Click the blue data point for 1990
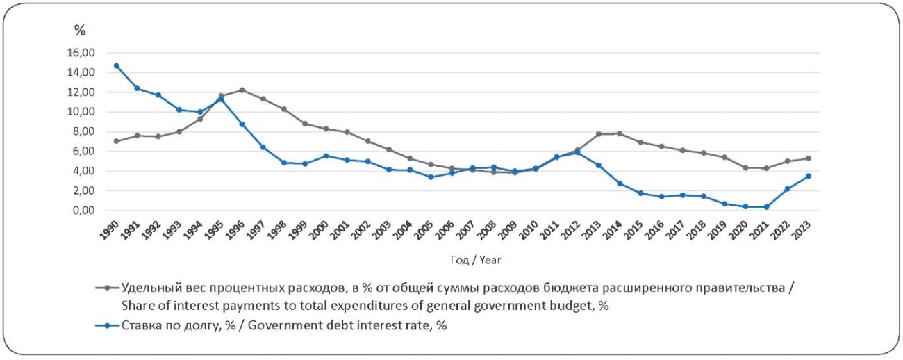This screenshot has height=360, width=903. point(117,65)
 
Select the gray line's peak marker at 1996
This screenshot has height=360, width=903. point(242,90)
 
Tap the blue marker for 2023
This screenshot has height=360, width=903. point(809,176)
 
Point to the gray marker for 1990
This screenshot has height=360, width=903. point(117,141)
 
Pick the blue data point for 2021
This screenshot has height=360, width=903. point(767,206)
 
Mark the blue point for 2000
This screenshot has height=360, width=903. point(326,156)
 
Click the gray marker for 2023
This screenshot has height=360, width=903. point(809,158)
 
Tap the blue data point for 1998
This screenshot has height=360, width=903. point(284,163)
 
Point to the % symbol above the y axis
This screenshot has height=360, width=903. point(80,30)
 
